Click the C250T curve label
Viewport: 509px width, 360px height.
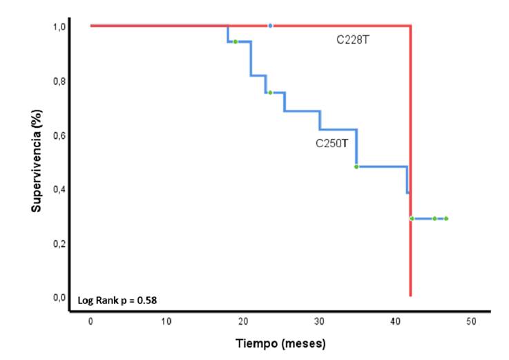tap(335, 144)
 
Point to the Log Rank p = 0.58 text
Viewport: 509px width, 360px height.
tap(121, 301)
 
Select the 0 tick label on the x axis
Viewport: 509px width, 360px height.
tap(90, 322)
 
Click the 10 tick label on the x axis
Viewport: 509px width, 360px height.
tap(166, 322)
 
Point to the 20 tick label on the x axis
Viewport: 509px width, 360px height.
tap(242, 322)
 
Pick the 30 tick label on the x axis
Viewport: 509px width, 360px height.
tap(319, 322)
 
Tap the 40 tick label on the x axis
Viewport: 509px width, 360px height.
tap(395, 322)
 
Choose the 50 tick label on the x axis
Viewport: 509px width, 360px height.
tap(471, 322)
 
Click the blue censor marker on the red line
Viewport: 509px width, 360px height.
tap(270, 26)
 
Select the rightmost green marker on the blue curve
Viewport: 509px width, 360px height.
tap(446, 218)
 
